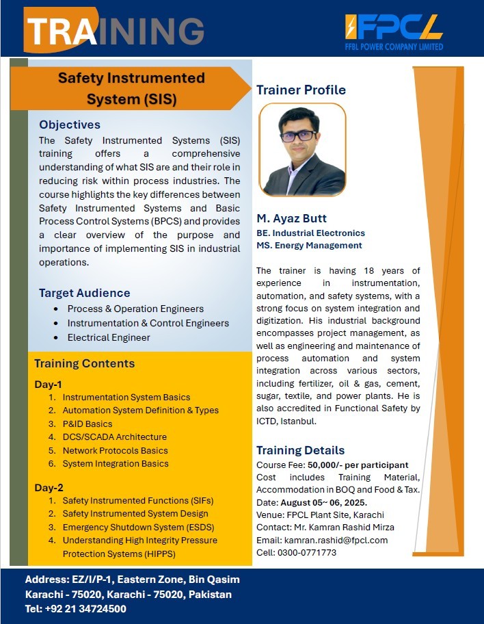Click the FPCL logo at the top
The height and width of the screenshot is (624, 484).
pyautogui.click(x=394, y=30)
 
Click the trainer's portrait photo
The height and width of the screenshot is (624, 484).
pyautogui.click(x=302, y=150)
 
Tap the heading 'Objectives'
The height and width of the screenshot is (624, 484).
pyautogui.click(x=70, y=125)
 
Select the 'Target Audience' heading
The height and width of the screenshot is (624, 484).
pyautogui.click(x=84, y=293)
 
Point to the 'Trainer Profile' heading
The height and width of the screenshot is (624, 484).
pyautogui.click(x=301, y=90)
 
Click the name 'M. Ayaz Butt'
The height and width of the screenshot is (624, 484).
pyautogui.click(x=291, y=218)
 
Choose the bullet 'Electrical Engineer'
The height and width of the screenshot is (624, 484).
pyautogui.click(x=109, y=337)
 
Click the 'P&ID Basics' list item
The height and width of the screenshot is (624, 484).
pyautogui.click(x=88, y=424)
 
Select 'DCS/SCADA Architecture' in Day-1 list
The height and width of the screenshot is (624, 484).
pyautogui.click(x=114, y=437)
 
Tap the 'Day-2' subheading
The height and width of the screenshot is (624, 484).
pyautogui.click(x=49, y=487)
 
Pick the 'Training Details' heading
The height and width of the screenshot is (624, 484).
pyautogui.click(x=300, y=450)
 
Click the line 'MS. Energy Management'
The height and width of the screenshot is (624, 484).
pyautogui.click(x=309, y=246)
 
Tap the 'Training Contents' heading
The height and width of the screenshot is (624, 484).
pyautogui.click(x=84, y=363)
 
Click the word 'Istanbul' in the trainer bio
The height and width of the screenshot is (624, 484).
pyautogui.click(x=298, y=421)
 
